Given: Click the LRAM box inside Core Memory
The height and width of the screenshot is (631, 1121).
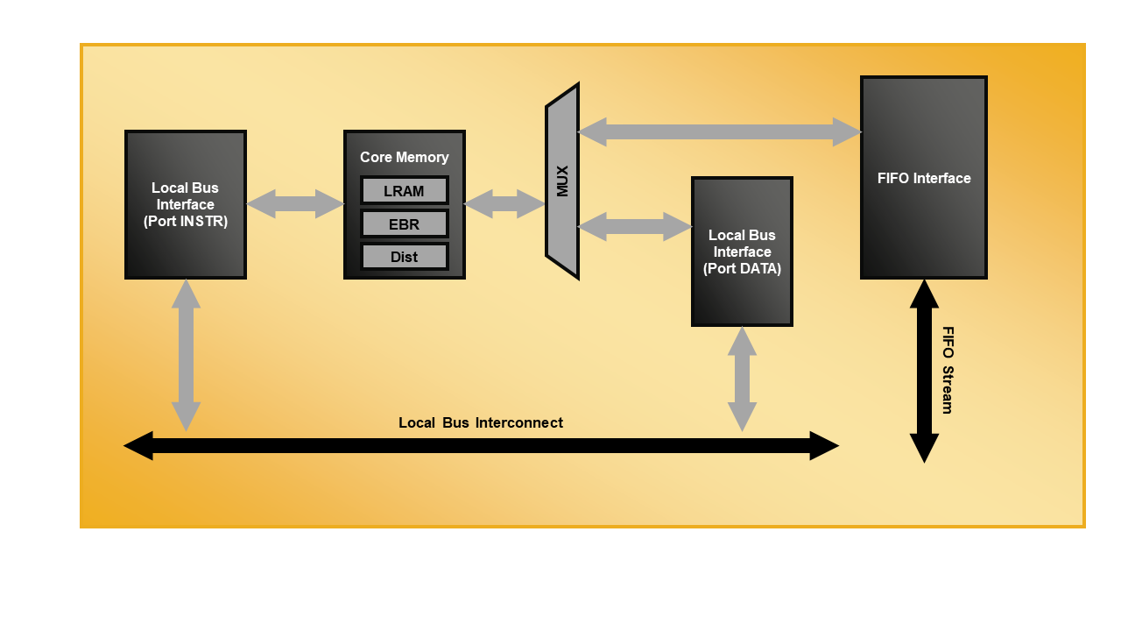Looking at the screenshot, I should pyautogui.click(x=404, y=191).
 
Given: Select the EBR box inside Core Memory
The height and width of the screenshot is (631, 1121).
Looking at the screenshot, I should pyautogui.click(x=404, y=224).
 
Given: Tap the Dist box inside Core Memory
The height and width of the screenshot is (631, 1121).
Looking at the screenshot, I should pyautogui.click(x=404, y=257).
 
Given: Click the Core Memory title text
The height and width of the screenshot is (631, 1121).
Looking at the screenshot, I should pyautogui.click(x=404, y=157).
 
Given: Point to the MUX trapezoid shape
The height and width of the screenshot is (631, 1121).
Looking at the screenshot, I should pyautogui.click(x=562, y=181).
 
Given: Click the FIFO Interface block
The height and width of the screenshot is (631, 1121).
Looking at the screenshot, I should pyautogui.click(x=924, y=178).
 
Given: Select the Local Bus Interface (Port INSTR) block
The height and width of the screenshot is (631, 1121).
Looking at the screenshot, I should pyautogui.click(x=186, y=205).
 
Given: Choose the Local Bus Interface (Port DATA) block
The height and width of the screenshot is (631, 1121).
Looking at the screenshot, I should pyautogui.click(x=742, y=252).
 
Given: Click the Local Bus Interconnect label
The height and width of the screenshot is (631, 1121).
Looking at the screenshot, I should pyautogui.click(x=480, y=422).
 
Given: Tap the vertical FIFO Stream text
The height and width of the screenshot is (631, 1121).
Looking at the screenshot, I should pyautogui.click(x=948, y=370).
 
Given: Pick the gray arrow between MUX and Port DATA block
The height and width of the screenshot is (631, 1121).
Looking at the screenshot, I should pyautogui.click(x=635, y=226).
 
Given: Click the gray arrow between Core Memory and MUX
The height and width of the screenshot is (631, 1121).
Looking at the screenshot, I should pyautogui.click(x=504, y=204).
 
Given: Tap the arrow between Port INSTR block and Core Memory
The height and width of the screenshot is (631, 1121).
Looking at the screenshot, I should pyautogui.click(x=295, y=204).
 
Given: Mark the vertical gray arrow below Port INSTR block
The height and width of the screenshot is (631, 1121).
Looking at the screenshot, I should pyautogui.click(x=186, y=355).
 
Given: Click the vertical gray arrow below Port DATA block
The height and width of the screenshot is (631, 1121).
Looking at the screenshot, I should pyautogui.click(x=742, y=379).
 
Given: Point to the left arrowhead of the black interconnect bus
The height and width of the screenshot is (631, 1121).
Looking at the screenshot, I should pyautogui.click(x=137, y=445).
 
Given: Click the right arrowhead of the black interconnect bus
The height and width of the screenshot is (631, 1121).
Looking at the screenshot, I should pyautogui.click(x=825, y=445).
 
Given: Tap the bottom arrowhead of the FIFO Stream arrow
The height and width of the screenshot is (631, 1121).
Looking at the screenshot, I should pyautogui.click(x=924, y=449).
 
